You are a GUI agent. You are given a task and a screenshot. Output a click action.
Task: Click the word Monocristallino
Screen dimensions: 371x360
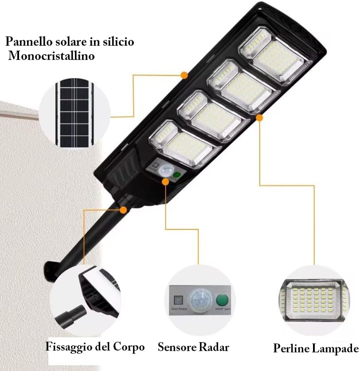51,56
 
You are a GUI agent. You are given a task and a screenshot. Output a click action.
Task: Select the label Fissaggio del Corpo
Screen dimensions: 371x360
95,347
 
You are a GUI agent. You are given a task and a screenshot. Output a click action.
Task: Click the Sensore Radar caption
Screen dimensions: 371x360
193,347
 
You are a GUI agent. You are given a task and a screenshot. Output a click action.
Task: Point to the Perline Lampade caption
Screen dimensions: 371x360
315,348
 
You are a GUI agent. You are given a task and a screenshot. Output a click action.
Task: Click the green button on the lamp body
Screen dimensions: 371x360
177,175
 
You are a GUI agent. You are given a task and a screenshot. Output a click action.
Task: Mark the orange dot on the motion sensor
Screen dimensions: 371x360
166,181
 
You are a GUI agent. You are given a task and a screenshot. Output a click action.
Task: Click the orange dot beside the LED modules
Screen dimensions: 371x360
259,118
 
